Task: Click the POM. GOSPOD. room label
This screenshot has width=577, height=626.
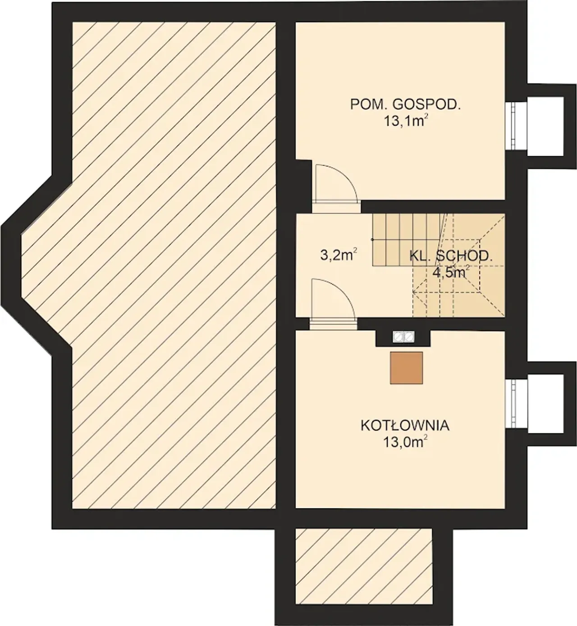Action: [406, 104]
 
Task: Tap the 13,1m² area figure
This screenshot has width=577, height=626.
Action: [406, 121]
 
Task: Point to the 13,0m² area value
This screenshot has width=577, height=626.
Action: [406, 442]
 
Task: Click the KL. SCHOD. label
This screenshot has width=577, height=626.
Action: [451, 256]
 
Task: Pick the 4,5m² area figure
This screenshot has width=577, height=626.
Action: [451, 272]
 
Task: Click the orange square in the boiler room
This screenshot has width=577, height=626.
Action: [406, 368]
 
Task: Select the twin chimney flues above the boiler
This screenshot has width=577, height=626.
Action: [404, 336]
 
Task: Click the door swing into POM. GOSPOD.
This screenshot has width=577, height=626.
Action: [336, 184]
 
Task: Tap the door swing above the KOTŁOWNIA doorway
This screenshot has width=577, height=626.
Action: [333, 299]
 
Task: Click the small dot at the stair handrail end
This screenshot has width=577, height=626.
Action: [372, 240]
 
